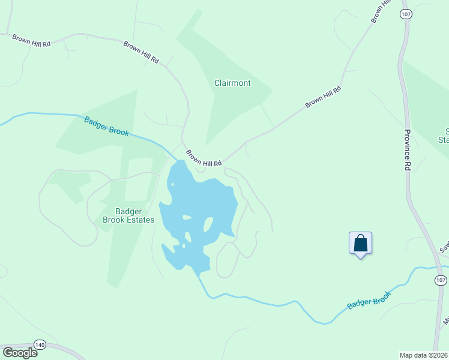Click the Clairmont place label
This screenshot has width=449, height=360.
tap(232, 83)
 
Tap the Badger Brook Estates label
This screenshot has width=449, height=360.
tap(128, 215)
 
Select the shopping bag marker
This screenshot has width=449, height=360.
tap(360, 244)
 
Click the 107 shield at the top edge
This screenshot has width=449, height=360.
tap(406, 16)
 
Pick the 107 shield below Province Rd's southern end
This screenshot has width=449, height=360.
tap(441, 280)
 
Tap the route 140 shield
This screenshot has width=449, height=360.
tap(40, 344)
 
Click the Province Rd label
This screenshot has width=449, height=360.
tap(406, 150)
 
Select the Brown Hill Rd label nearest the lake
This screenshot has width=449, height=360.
tap(203, 158)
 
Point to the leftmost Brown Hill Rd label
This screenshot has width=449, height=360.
tap(32, 40)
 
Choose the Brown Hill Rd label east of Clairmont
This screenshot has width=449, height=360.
tap(323, 97)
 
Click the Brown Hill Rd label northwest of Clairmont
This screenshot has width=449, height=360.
tap(142, 52)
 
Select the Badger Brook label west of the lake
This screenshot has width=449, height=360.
tap(106, 126)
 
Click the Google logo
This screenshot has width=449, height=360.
tap(19, 353)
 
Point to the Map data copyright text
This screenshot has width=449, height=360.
tap(423, 355)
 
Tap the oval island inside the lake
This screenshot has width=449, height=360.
tap(209, 225)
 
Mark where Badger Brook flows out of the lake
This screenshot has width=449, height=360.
tap(197, 275)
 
